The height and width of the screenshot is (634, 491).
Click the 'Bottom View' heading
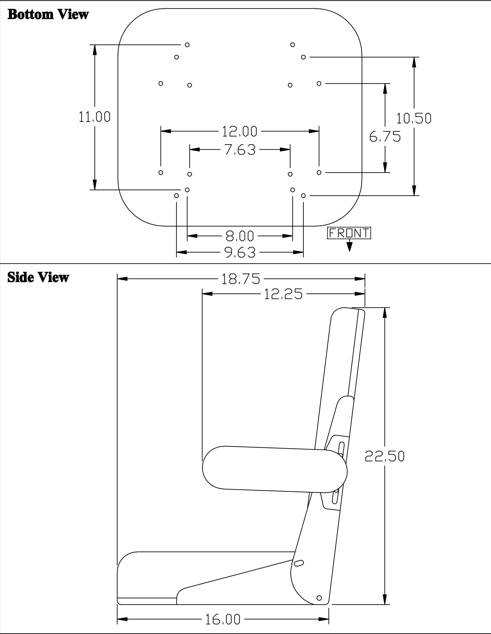pyautogui.click(x=48, y=14)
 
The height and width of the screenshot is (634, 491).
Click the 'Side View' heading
pyautogui.click(x=38, y=277)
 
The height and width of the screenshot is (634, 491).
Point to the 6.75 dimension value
pyautogui.click(x=385, y=136)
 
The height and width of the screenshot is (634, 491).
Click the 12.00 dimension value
pyautogui.click(x=240, y=131)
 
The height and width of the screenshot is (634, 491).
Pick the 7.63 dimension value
pyautogui.click(x=240, y=150)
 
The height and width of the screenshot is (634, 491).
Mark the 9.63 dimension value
pyautogui.click(x=240, y=252)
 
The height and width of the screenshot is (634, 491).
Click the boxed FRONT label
pyautogui.click(x=349, y=233)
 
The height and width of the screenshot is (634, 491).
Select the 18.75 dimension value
pyautogui.click(x=241, y=279)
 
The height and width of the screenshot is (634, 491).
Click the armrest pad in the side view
pyautogui.click(x=274, y=469)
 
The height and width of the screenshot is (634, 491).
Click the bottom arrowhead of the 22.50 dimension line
pyautogui.click(x=385, y=599)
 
